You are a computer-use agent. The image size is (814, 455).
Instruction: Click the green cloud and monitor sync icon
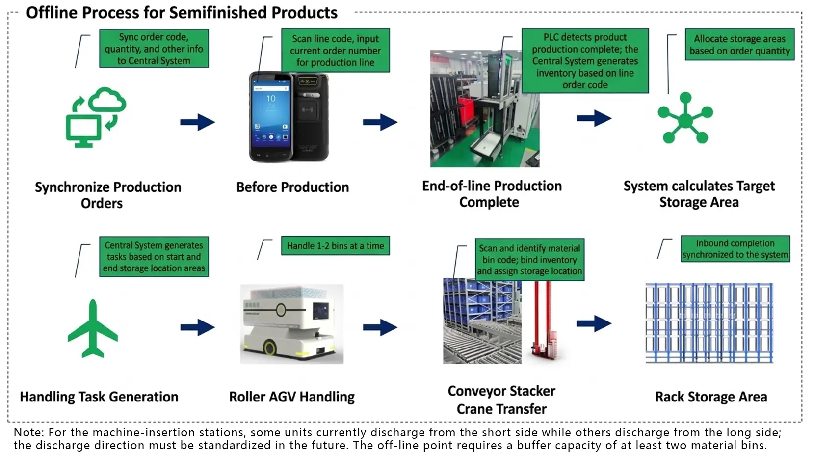pyautogui.click(x=96, y=117)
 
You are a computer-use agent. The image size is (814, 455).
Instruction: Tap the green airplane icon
pyautogui.click(x=93, y=328)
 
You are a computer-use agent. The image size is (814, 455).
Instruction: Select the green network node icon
pyautogui.click(x=685, y=118)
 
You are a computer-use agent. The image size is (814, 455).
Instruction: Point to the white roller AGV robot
pyautogui.click(x=292, y=323)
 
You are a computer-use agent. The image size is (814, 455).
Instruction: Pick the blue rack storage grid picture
pyautogui.click(x=709, y=323)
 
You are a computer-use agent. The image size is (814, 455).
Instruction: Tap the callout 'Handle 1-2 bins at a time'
pyautogui.click(x=335, y=246)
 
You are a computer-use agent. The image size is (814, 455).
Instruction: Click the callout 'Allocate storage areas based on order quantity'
pyautogui.click(x=739, y=45)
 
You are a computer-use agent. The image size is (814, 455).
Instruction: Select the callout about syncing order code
pyautogui.click(x=154, y=49)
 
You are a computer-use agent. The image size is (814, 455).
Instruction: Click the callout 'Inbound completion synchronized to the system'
pyautogui.click(x=735, y=249)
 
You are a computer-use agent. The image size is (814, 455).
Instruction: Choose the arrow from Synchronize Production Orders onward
pyautogui.click(x=197, y=122)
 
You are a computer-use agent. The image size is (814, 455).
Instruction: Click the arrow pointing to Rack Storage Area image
pyautogui.click(x=594, y=323)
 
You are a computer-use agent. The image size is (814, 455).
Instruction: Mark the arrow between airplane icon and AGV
pyautogui.click(x=197, y=327)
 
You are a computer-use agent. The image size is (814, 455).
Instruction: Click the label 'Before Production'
pyautogui.click(x=292, y=187)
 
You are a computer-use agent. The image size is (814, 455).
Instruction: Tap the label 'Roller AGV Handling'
pyautogui.click(x=291, y=397)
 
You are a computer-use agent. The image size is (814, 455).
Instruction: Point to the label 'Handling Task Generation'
pyautogui.click(x=99, y=397)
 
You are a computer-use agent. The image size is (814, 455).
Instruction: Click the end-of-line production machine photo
pyautogui.click(x=484, y=108)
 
